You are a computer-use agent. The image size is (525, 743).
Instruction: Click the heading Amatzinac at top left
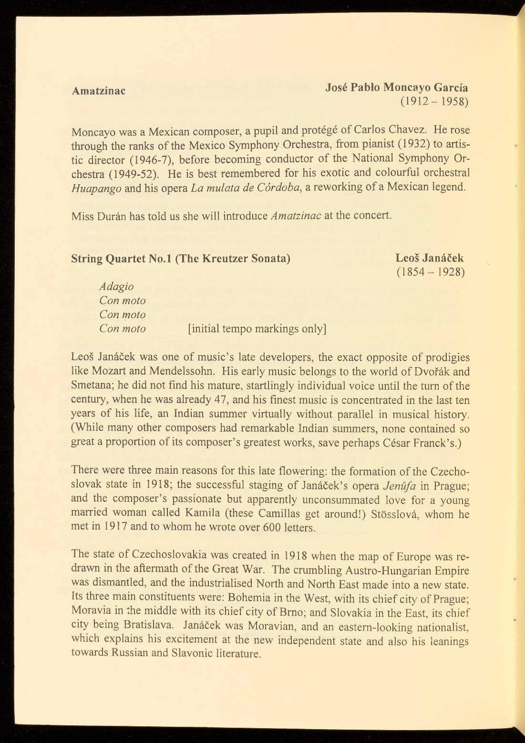(99, 91)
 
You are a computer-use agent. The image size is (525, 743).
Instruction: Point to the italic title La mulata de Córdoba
(246, 187)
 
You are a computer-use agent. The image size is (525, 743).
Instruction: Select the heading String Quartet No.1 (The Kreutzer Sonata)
(181, 259)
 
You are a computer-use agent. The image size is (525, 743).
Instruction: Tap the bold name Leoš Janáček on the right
(430, 258)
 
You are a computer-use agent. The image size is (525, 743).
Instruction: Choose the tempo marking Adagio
(116, 287)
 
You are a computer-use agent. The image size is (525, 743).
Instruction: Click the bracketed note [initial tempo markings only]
(257, 329)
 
